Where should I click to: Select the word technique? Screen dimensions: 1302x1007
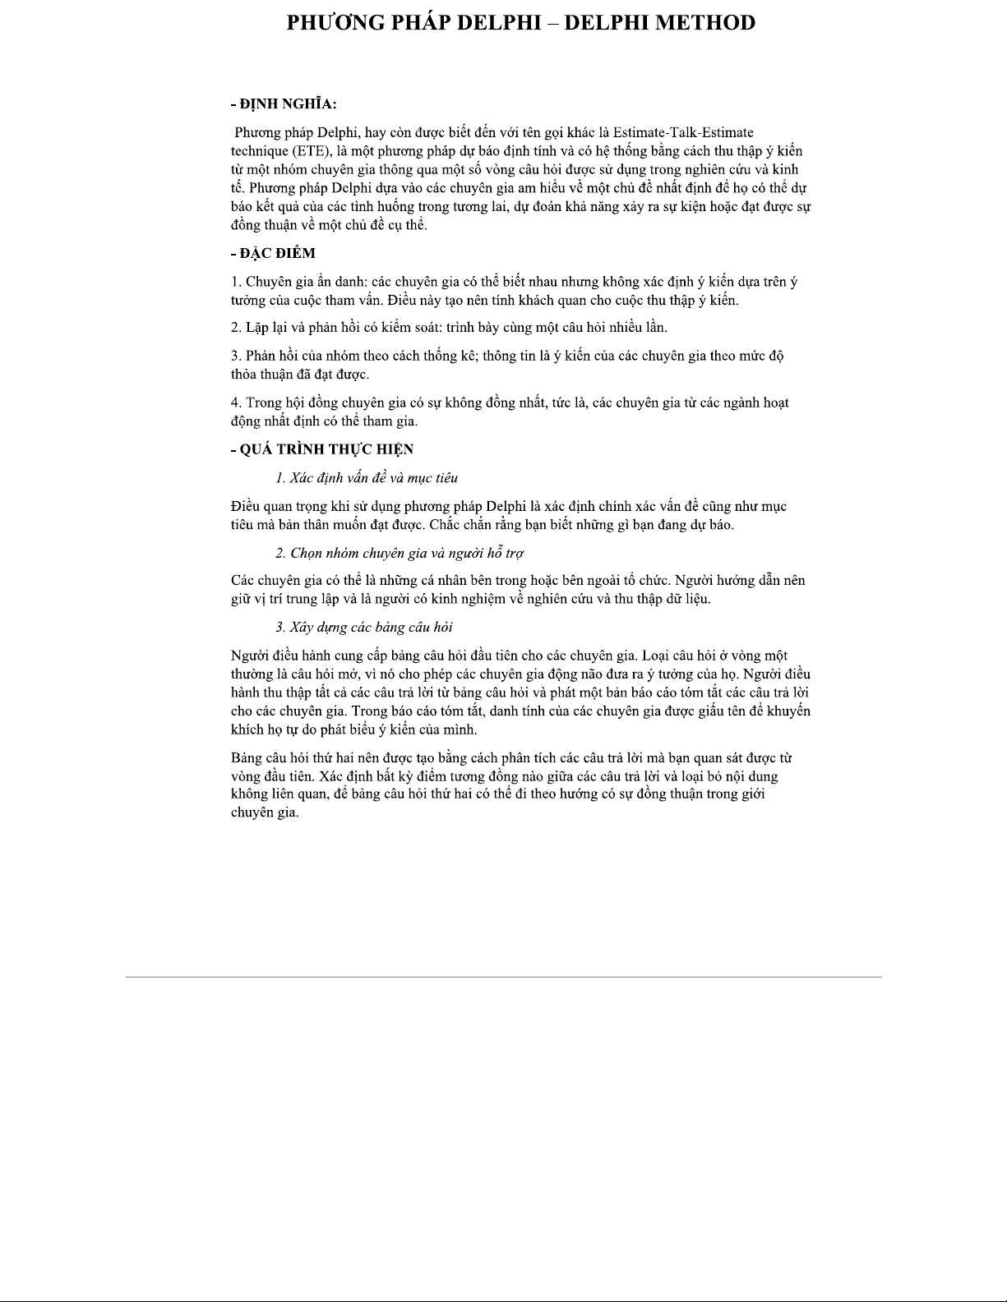(x=258, y=151)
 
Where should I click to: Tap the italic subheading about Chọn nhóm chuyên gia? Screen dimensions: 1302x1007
(x=400, y=553)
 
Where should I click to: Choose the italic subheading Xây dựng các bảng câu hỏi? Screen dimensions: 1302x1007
(x=364, y=628)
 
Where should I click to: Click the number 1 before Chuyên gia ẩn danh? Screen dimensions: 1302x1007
(x=235, y=282)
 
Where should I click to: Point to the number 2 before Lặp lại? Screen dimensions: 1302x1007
(x=235, y=328)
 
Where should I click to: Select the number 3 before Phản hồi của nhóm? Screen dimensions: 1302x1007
(x=235, y=356)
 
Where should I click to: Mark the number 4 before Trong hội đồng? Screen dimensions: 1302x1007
(x=235, y=403)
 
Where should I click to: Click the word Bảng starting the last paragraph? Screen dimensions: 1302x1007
(x=247, y=757)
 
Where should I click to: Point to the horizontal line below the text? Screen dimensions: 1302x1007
(x=503, y=977)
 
